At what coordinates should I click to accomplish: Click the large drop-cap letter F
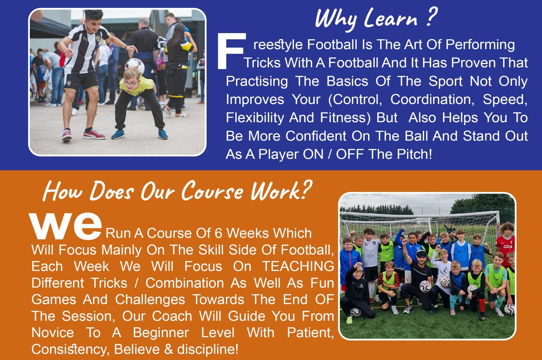[x=231, y=51]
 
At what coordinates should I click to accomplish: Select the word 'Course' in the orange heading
[x=212, y=191]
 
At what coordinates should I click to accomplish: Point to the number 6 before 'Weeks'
[x=218, y=233]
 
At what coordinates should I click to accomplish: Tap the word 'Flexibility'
[x=254, y=118]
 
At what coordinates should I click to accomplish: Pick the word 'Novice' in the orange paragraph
[x=53, y=332]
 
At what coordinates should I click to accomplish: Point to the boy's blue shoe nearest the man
[x=118, y=134]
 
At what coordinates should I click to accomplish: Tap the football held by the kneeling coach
[x=425, y=286]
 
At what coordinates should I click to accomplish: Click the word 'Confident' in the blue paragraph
[x=316, y=136]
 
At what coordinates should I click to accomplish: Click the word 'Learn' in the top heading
[x=391, y=18]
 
